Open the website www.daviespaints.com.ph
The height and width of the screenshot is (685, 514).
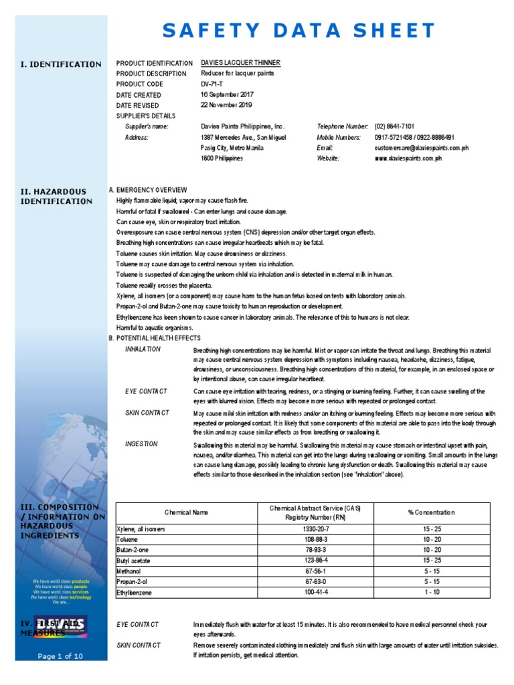click(x=408, y=159)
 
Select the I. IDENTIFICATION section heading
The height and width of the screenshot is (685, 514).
click(x=61, y=64)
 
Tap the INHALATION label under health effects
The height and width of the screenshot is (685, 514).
click(x=143, y=349)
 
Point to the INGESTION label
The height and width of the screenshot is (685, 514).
click(x=141, y=444)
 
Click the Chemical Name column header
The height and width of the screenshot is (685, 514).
click(x=187, y=512)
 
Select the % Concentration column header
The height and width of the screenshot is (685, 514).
click(x=431, y=512)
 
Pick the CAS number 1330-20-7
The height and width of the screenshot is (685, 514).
click(x=316, y=529)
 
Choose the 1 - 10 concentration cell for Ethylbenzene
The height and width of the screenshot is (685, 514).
click(x=431, y=593)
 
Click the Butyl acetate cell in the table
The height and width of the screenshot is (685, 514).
click(x=136, y=561)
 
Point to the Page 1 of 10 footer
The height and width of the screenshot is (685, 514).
click(x=60, y=656)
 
